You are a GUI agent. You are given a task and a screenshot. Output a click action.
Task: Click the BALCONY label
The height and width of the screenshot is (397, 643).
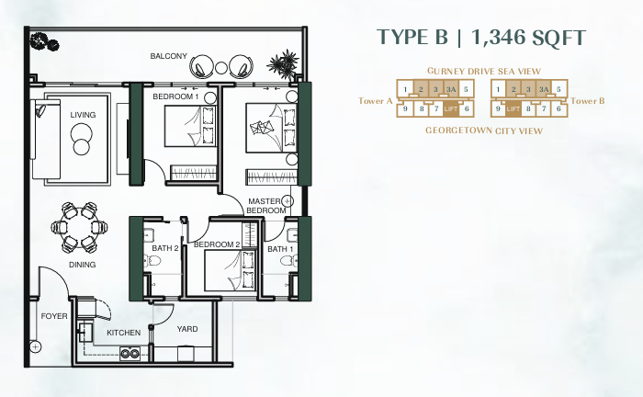click(169, 57)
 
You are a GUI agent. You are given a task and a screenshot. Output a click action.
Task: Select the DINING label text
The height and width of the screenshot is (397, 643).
click(82, 265)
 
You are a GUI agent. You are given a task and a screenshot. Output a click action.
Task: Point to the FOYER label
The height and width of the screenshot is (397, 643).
click(53, 316)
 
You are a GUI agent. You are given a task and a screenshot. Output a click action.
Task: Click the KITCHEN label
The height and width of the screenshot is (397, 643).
click(123, 333)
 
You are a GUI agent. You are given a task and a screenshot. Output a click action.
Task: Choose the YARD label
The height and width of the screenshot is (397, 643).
click(187, 328)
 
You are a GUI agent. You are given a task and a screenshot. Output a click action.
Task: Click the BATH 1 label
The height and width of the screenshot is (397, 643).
click(280, 249)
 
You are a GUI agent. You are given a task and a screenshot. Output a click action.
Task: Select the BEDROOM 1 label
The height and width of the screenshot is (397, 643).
click(175, 96)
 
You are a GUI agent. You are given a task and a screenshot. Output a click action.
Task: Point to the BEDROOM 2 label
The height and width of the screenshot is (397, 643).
click(217, 244)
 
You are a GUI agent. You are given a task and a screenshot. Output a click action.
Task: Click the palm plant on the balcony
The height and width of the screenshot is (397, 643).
click(283, 64)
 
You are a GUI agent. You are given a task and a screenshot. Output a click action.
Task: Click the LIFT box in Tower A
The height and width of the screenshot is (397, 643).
click(450, 108)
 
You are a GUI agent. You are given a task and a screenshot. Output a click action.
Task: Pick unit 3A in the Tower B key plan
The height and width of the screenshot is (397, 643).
click(545, 89)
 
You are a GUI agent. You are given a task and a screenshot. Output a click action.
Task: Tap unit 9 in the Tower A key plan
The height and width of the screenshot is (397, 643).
click(405, 108)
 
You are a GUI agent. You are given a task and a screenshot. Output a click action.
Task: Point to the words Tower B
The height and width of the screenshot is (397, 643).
click(588, 101)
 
